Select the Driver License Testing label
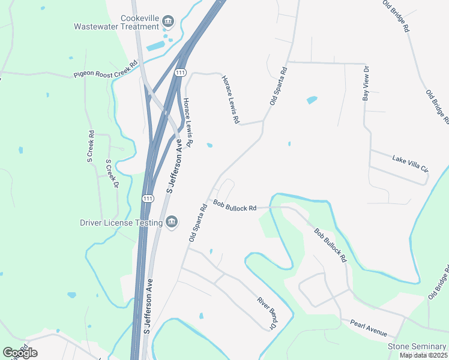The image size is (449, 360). point(121,223)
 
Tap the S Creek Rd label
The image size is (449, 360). point(91,147)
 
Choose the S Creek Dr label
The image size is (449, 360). point(112,173)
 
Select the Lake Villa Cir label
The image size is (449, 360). point(410,163)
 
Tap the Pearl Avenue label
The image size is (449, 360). point(369,328)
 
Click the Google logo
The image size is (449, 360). point(20,353)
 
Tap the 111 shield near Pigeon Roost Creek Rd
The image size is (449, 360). point(180,73)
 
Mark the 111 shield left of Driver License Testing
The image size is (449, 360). point(148,199)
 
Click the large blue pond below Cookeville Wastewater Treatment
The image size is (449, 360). point(155,46)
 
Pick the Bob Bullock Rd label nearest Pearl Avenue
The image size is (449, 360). point(331,245)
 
